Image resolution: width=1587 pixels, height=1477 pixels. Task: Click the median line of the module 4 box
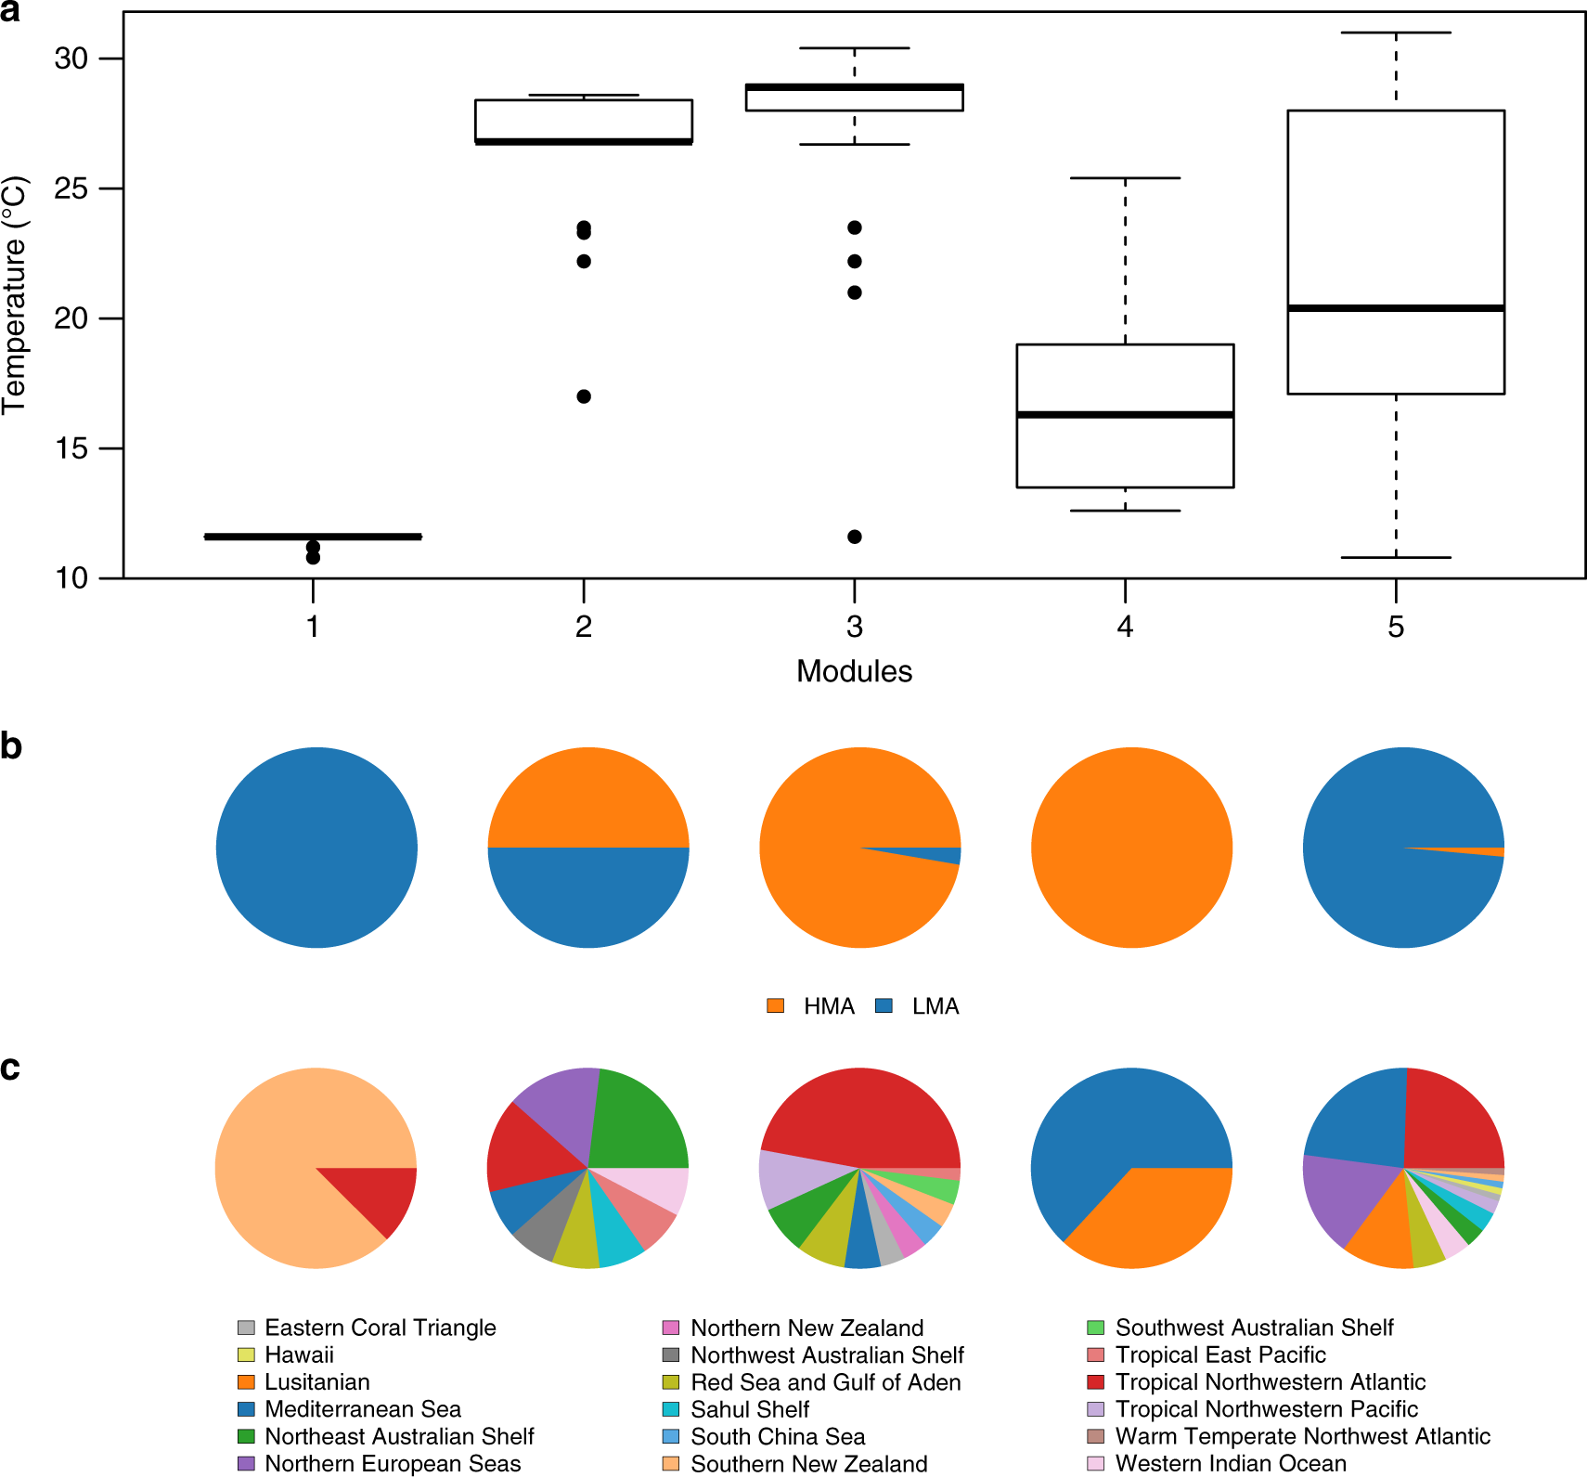click(x=1125, y=414)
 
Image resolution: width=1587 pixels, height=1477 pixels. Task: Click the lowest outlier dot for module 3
click(x=855, y=537)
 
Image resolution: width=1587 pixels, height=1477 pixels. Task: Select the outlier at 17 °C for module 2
click(x=584, y=396)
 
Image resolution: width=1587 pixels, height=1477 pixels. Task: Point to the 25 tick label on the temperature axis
click(x=71, y=188)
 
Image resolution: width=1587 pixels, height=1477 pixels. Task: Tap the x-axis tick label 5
click(x=1396, y=628)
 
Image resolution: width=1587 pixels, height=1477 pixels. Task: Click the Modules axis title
click(x=854, y=671)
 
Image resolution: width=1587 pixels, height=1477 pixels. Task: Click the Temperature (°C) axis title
click(x=15, y=295)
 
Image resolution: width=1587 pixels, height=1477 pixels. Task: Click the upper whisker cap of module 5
click(x=1396, y=32)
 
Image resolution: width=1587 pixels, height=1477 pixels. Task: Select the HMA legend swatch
click(x=776, y=1005)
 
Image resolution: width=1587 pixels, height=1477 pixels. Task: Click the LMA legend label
click(x=935, y=1006)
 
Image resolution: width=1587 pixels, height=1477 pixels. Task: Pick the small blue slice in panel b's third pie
click(x=942, y=854)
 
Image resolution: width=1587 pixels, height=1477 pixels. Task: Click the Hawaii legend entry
click(x=299, y=1354)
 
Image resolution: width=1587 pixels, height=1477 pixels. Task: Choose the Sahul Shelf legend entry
click(x=750, y=1409)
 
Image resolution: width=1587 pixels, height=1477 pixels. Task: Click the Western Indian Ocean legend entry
click(x=1231, y=1463)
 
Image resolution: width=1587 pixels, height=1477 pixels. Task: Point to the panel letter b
click(x=11, y=746)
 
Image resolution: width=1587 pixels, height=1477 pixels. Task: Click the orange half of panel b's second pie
click(x=588, y=798)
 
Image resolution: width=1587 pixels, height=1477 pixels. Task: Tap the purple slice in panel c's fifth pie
click(x=1335, y=1198)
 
